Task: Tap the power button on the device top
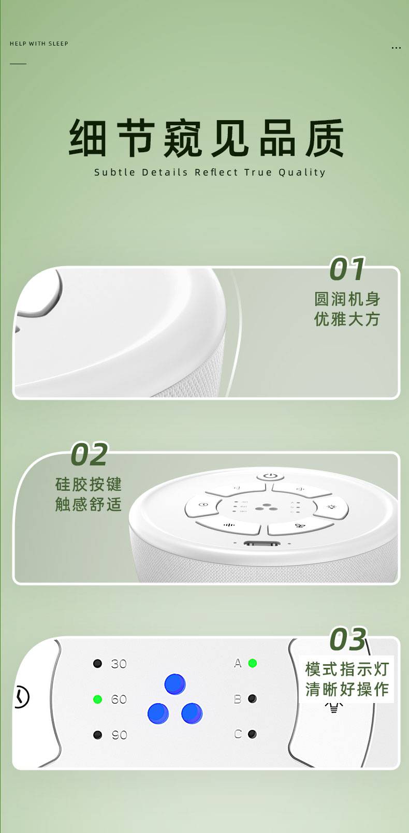click(270, 476)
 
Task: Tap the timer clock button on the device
click(202, 505)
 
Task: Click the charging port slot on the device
click(261, 544)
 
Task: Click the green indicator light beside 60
click(97, 699)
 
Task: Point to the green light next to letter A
click(253, 663)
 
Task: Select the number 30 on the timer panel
click(119, 664)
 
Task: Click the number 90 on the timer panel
click(120, 735)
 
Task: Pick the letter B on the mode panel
click(238, 699)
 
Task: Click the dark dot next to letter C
click(253, 734)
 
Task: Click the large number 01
click(347, 269)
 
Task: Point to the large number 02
click(89, 454)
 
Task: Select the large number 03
click(348, 639)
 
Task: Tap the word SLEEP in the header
click(59, 43)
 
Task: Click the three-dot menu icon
click(397, 48)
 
